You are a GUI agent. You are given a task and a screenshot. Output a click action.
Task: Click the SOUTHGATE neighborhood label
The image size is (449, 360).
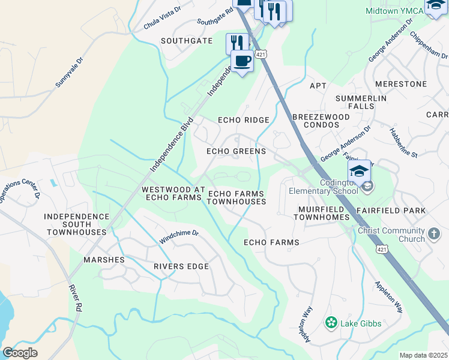click(187, 41)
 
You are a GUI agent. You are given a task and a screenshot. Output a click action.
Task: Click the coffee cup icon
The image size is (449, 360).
click(242, 61)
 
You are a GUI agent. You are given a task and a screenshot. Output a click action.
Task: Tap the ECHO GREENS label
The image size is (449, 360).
click(236, 151)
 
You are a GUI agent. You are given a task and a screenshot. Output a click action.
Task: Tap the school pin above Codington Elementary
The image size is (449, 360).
click(359, 171)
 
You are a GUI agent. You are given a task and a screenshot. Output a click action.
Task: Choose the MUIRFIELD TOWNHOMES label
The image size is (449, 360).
click(321, 212)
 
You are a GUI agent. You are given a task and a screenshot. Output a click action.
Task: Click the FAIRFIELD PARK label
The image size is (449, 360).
click(391, 211)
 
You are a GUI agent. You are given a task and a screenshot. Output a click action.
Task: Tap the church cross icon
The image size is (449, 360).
click(435, 233)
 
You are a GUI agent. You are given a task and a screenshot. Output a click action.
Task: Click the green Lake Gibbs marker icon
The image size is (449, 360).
click(331, 323)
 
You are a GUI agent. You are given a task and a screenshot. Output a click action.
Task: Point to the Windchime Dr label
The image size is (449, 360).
click(178, 236)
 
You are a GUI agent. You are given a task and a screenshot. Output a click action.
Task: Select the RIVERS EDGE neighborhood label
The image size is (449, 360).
click(181, 266)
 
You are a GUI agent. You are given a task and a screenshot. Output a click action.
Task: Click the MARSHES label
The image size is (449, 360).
click(104, 260)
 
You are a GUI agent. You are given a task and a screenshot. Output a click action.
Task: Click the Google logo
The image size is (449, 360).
click(20, 352)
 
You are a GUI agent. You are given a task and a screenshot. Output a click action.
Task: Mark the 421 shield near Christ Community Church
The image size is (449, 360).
click(382, 248)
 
